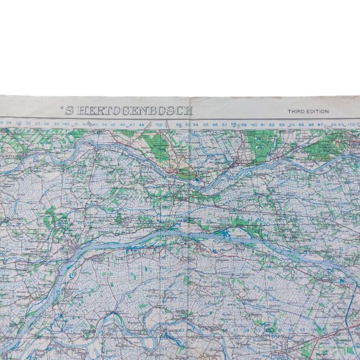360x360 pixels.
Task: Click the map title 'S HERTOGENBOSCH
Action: [129, 111]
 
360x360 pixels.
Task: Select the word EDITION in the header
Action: [318, 111]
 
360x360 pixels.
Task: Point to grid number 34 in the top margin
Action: [9, 123]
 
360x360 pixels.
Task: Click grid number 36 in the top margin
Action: [28, 123]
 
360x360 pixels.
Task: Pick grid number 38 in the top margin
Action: [46, 123]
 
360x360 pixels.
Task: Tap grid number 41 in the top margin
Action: [76, 124]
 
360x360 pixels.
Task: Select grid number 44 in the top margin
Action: [104, 124]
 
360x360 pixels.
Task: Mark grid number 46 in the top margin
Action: [123, 124]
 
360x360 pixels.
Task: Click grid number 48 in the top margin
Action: [141, 124]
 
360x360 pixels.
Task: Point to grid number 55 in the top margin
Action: [206, 125]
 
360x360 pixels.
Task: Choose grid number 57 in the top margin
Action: [225, 125]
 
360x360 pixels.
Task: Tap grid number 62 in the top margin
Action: [272, 125]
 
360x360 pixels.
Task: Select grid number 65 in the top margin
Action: [301, 125]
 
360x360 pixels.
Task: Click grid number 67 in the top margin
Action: [320, 125]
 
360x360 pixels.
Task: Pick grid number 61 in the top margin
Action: [262, 125]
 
